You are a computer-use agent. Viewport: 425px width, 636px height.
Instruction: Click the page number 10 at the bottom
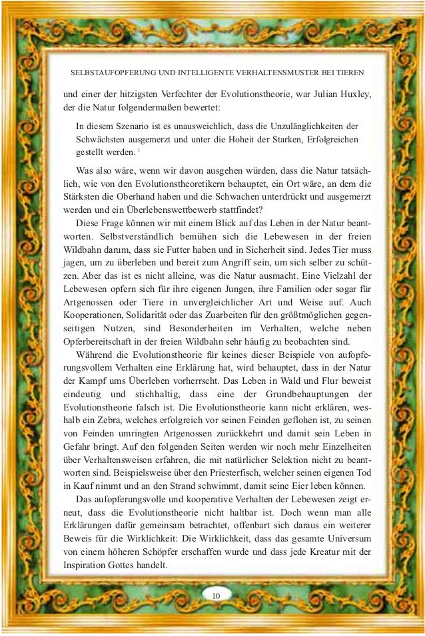click(x=214, y=593)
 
